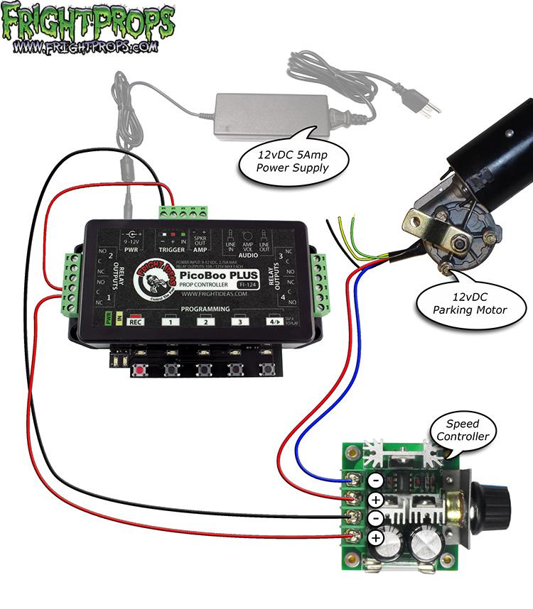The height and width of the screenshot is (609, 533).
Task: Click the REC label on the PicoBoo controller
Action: [x=135, y=322]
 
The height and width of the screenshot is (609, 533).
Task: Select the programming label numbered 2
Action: [x=205, y=322]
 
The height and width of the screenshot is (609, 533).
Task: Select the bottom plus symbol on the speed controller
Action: [x=375, y=537]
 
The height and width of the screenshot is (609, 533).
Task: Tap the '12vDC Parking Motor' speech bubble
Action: [x=468, y=303]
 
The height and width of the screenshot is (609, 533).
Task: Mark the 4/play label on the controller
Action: [x=272, y=322]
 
